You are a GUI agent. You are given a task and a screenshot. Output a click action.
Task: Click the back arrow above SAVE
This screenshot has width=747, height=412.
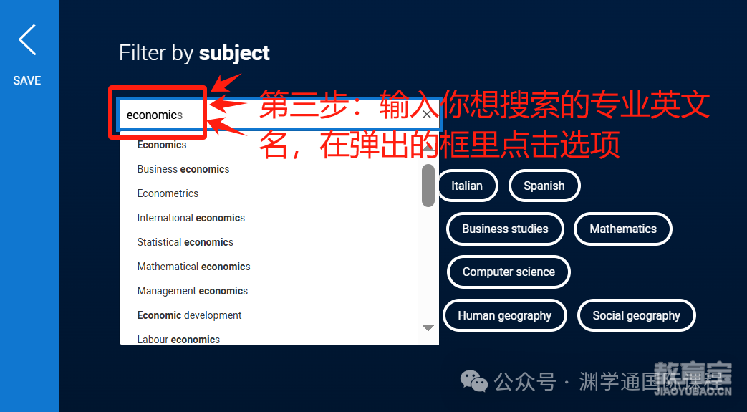tap(27, 40)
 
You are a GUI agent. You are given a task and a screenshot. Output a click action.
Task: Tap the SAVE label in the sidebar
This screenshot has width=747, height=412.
tap(27, 80)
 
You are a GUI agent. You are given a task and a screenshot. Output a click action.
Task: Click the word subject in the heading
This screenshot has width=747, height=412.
tap(234, 54)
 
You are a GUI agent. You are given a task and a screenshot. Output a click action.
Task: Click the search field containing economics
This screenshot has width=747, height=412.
tap(279, 115)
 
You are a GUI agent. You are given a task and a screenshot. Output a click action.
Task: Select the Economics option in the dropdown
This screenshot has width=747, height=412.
tap(162, 145)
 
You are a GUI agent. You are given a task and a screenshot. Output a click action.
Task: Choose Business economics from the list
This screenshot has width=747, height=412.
tap(183, 169)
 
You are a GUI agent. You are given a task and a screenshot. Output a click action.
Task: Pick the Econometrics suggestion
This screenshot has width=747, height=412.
tap(168, 193)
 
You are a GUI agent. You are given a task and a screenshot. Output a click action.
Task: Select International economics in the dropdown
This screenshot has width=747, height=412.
tap(191, 217)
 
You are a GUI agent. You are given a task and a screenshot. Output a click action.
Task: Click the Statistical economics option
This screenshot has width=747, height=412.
tap(185, 241)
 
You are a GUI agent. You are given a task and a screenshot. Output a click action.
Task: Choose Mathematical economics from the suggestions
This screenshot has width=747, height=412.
tap(194, 266)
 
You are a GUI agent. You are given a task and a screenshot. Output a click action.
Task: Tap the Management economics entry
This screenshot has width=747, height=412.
tap(193, 290)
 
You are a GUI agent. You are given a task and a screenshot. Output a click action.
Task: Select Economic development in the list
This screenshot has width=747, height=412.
tap(190, 315)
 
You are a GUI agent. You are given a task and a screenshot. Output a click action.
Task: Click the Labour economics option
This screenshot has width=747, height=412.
tap(178, 339)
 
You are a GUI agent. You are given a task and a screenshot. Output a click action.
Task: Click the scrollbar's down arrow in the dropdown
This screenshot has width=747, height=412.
tap(428, 327)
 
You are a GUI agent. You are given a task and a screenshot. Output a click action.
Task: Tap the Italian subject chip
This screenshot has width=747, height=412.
tap(467, 186)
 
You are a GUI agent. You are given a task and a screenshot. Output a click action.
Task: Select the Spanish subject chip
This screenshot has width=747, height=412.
tap(544, 186)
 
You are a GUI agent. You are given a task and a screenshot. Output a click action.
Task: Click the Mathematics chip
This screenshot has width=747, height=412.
tap(623, 229)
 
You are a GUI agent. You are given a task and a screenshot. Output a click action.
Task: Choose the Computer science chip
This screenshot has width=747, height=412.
tap(509, 272)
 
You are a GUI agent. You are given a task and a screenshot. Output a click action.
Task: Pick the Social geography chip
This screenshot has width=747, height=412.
tap(637, 315)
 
